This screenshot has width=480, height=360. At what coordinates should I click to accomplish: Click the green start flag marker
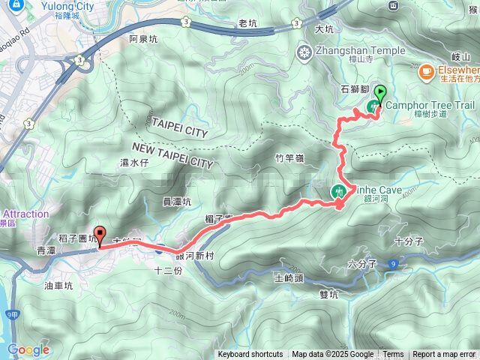[379, 94]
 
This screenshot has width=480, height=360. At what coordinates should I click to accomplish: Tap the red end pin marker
[98, 233]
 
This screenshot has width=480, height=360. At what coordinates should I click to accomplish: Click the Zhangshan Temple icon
[304, 52]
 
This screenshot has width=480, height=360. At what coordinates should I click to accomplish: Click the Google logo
[28, 349]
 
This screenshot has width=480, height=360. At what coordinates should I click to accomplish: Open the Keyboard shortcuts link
[250, 355]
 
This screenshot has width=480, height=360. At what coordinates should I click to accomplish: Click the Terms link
[393, 355]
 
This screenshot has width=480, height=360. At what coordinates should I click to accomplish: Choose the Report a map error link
[444, 355]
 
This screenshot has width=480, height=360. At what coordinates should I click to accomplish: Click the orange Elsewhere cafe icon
[426, 71]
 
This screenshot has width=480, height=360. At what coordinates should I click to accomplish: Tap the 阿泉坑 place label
[143, 38]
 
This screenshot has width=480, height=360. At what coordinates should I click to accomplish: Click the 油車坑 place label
[58, 285]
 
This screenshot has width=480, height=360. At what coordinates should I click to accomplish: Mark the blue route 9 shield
[393, 264]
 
